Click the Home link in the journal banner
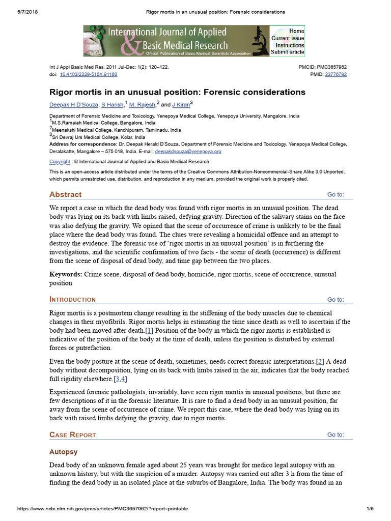click(296, 31)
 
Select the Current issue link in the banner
click(288, 38)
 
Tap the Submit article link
click(288, 52)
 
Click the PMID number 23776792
click(336, 74)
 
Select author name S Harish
click(113, 105)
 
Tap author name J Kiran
click(180, 105)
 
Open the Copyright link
click(60, 162)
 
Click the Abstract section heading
click(65, 194)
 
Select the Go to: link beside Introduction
click(335, 300)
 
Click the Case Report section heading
click(72, 435)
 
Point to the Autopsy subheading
click(63, 452)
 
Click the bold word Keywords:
click(66, 275)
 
